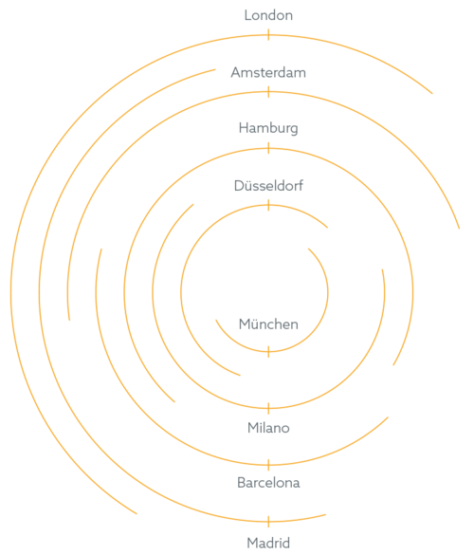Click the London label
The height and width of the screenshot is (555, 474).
click(268, 15)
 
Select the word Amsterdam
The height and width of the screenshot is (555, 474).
click(268, 73)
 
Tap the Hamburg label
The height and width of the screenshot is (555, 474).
click(268, 128)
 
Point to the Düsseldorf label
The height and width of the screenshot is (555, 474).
click(268, 186)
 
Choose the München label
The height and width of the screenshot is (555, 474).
click(268, 324)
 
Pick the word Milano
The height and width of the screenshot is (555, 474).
click(268, 428)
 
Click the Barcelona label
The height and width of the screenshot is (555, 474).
click(268, 483)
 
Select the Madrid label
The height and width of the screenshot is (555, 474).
click(268, 543)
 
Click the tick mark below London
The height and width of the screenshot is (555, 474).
click(268, 35)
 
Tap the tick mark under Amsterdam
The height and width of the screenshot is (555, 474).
click(268, 92)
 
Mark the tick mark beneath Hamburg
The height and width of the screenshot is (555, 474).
click(268, 148)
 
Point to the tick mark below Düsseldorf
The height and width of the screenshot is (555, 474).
click(268, 205)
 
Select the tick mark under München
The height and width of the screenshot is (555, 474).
click(268, 352)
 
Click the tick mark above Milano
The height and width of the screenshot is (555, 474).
click(268, 409)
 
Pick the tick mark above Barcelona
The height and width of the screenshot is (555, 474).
click(268, 465)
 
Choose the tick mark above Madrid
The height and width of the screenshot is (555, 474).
click(268, 522)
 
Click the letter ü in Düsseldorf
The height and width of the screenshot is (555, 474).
click(247, 186)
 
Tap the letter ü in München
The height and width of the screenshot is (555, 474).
click(256, 324)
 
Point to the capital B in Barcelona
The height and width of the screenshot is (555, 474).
click(241, 483)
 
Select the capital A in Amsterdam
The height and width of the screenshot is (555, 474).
click(236, 73)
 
